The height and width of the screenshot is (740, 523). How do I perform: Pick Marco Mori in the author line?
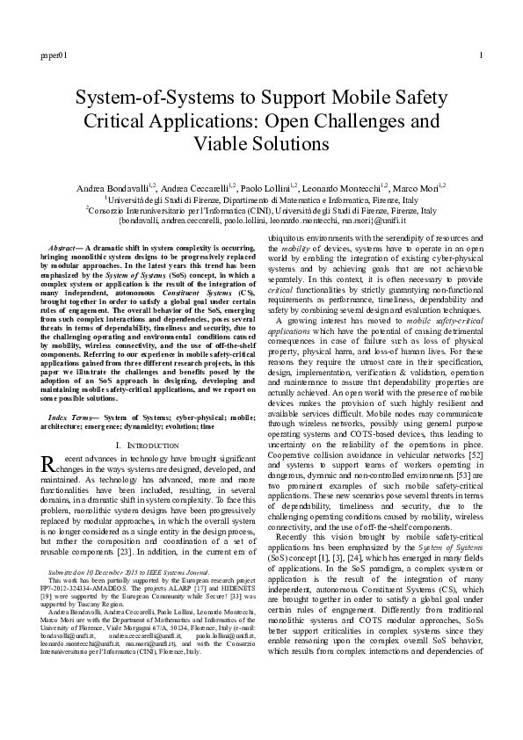click(417, 187)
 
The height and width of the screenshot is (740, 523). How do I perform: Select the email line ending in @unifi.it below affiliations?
click(261, 223)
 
